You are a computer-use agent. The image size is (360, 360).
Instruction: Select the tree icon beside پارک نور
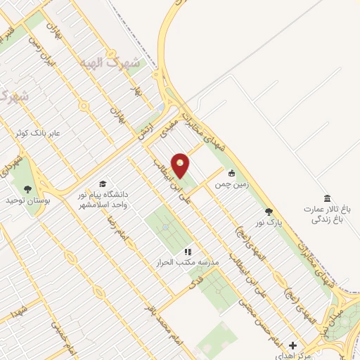[x=268, y=211]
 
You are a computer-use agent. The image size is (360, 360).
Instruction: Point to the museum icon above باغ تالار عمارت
[x=326, y=198]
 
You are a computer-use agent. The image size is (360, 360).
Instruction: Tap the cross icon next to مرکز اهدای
[x=293, y=345]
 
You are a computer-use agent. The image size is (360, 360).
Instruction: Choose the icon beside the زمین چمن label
[x=231, y=174]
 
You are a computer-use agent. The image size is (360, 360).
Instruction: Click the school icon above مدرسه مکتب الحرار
[x=188, y=251]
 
